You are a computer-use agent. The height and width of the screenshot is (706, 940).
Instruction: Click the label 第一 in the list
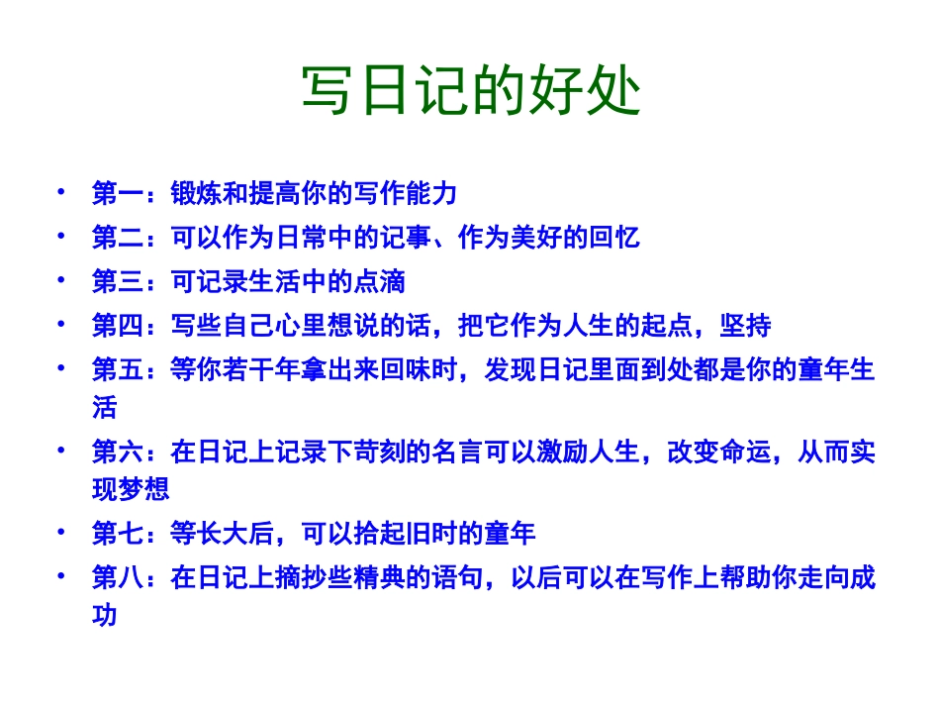(x=118, y=193)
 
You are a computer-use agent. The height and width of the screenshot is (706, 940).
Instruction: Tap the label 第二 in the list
(x=118, y=238)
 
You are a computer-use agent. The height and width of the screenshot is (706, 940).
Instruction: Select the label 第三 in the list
(x=118, y=281)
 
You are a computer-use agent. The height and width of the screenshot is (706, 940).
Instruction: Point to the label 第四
(x=118, y=325)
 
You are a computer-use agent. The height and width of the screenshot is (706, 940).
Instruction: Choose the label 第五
(x=118, y=369)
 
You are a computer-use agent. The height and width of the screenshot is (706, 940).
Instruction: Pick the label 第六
(x=118, y=453)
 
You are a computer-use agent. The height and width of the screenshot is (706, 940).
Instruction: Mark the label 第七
(x=118, y=535)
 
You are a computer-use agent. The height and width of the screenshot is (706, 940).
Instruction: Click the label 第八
(x=118, y=578)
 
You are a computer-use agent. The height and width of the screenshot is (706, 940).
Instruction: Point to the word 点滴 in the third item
(x=380, y=281)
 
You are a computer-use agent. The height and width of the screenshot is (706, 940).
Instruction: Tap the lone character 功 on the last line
(x=105, y=615)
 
